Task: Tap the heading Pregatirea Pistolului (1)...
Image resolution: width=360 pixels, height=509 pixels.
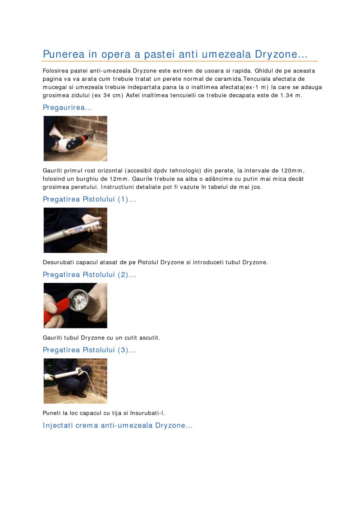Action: [89, 199]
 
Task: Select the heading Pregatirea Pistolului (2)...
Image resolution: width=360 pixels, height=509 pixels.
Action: [89, 274]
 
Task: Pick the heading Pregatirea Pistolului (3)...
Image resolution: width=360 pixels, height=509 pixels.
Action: [89, 350]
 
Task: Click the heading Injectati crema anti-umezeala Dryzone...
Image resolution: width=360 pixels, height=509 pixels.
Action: [117, 425]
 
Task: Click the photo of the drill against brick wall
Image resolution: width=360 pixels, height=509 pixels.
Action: [75, 139]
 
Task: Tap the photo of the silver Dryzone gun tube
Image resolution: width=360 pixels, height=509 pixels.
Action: [75, 230]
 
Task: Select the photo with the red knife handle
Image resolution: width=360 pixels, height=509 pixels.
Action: [75, 305]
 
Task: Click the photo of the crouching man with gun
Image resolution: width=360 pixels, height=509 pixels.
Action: [75, 381]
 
